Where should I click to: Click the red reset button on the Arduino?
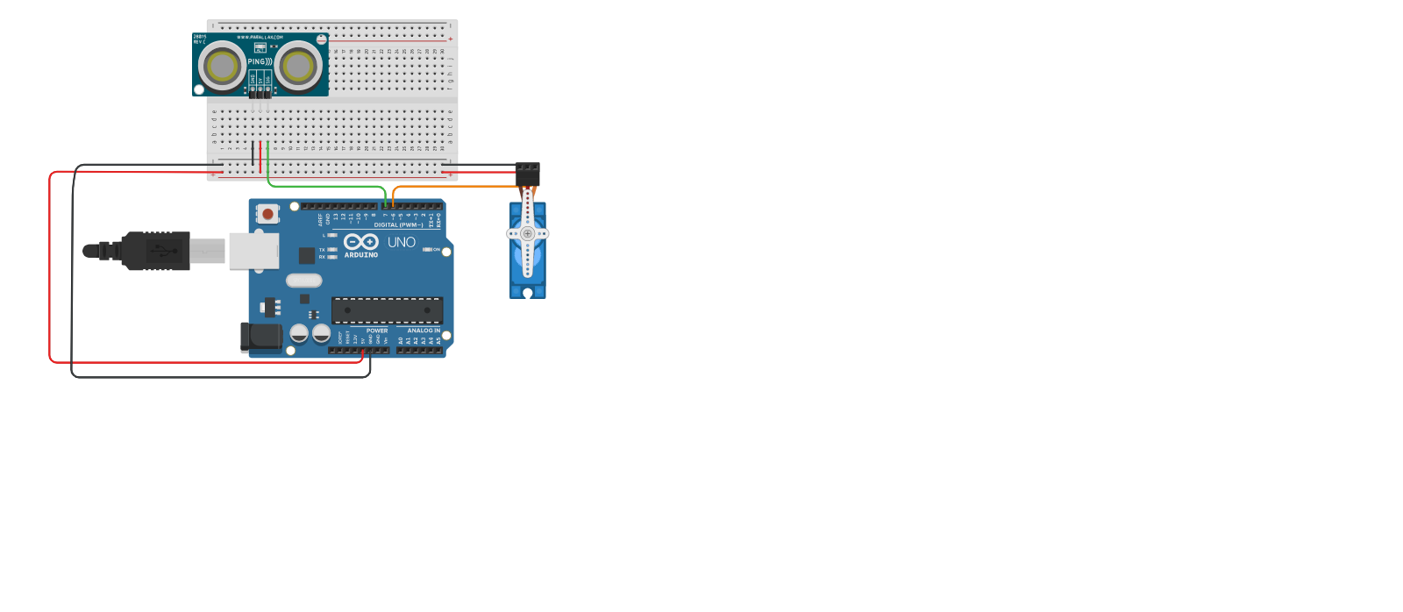pyautogui.click(x=267, y=213)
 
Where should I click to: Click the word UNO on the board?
pyautogui.click(x=402, y=242)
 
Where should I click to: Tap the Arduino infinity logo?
pyautogui.click(x=360, y=241)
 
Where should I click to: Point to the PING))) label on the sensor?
pyautogui.click(x=260, y=62)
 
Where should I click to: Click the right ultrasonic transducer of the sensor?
pyautogui.click(x=298, y=66)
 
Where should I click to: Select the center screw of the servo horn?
pyautogui.click(x=528, y=234)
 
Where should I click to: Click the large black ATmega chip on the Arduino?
pyautogui.click(x=387, y=310)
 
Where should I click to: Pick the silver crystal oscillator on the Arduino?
pyautogui.click(x=303, y=281)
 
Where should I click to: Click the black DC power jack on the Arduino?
pyautogui.click(x=260, y=337)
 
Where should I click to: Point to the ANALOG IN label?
pyautogui.click(x=424, y=331)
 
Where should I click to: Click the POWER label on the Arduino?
pyautogui.click(x=377, y=331)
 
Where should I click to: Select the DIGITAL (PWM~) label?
pyautogui.click(x=398, y=225)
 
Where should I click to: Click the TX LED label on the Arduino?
pyautogui.click(x=322, y=250)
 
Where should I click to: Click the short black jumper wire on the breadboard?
pyautogui.click(x=253, y=153)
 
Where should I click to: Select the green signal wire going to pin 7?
pyautogui.click(x=324, y=185)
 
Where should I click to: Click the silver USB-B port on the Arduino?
pyautogui.click(x=253, y=250)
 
